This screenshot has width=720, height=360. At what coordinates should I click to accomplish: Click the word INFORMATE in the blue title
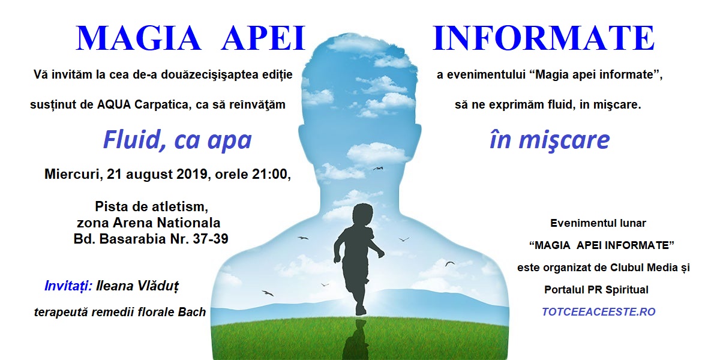[544, 38]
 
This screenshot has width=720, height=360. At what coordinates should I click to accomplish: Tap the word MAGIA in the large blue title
[139, 38]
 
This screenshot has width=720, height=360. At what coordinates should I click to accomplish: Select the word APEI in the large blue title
[263, 38]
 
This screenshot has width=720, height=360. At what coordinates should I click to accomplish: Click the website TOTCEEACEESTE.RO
[599, 312]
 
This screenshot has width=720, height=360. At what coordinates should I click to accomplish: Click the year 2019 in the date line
[192, 174]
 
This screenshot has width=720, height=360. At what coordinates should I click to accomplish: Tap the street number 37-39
[211, 239]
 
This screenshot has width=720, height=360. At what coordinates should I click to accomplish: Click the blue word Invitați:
[68, 286]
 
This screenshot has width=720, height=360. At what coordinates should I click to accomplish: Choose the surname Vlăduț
[158, 286]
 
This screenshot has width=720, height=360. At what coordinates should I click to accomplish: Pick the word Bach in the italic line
[192, 312]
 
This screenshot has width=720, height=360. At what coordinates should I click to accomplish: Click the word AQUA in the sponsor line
[114, 105]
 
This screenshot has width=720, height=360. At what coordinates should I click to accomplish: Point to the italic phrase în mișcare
[550, 140]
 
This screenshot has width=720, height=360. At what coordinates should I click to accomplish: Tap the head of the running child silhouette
[362, 214]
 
